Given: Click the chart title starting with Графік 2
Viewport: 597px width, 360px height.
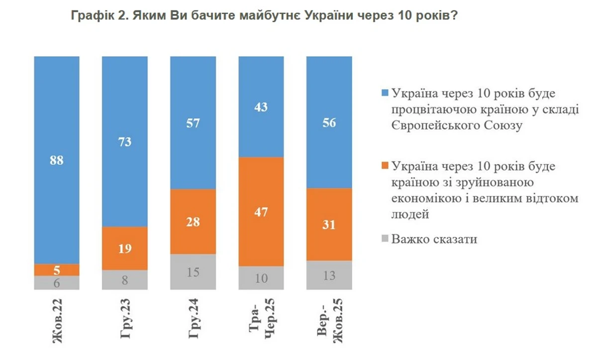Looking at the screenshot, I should (x=264, y=15).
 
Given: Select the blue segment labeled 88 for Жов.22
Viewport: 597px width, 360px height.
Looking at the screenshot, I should (x=57, y=160).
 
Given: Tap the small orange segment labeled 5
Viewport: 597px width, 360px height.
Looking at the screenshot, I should (x=57, y=270).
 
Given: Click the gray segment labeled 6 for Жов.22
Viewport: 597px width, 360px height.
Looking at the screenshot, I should (x=57, y=282).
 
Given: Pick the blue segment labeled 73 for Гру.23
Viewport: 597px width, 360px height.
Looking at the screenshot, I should (x=125, y=142).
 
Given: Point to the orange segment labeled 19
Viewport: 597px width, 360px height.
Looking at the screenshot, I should (x=125, y=249).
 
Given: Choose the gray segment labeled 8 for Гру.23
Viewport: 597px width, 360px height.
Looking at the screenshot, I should (x=125, y=280).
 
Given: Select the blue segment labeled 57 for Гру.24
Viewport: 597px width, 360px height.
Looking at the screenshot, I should (x=193, y=123).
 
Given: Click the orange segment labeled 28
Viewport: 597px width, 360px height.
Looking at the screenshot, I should (x=193, y=222).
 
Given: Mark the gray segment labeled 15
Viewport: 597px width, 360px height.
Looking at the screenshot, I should (x=193, y=272).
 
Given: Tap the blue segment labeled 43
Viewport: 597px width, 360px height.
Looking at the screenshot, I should (x=261, y=106).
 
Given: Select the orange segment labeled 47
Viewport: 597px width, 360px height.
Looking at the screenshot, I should (x=261, y=212).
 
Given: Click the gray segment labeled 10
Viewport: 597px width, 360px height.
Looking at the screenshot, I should (x=261, y=278).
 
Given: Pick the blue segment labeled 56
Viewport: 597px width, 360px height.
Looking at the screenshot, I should (x=329, y=122).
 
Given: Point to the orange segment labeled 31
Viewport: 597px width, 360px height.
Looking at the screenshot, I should (x=329, y=224).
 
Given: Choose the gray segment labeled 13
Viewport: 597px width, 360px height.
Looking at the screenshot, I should (x=329, y=275).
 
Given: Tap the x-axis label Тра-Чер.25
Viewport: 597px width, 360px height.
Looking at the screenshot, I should (x=261, y=323).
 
